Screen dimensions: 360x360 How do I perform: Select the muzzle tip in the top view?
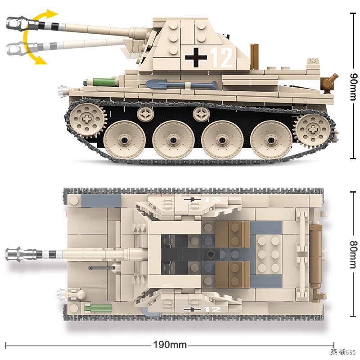point(16,254)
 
